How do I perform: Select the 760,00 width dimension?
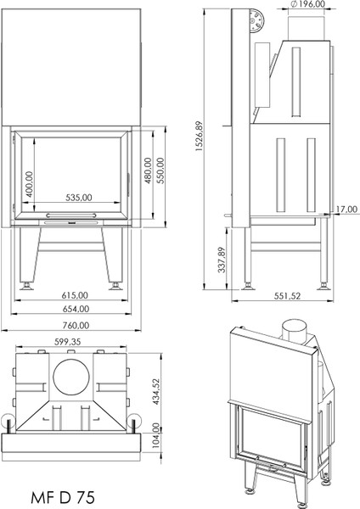click(76, 325)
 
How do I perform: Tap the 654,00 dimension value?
click(76, 308)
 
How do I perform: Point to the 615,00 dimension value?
click(76, 294)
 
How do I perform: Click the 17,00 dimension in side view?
click(345, 209)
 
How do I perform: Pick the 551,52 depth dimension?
click(285, 297)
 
